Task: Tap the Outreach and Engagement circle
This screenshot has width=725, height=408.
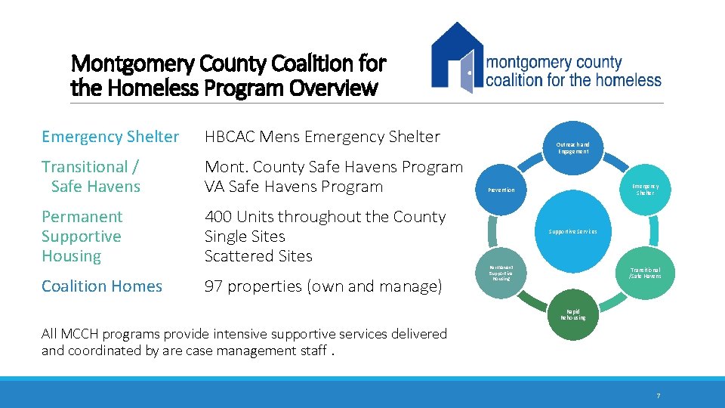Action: [x=572, y=147]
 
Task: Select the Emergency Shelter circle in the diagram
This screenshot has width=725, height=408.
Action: [x=644, y=189]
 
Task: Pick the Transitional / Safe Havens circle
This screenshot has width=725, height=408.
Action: [x=644, y=273]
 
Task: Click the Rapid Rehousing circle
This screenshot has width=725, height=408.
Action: [x=572, y=314]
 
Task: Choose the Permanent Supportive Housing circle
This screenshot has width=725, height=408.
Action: [x=501, y=273]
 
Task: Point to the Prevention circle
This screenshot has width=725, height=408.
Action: [x=501, y=190]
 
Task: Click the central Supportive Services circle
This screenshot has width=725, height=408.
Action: [x=572, y=231]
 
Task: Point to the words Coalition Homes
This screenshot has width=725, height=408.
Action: [x=102, y=286]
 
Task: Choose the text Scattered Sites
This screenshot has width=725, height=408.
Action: [x=258, y=256]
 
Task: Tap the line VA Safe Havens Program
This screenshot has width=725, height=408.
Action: [x=294, y=187]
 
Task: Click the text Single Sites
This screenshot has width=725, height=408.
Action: [x=245, y=236]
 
